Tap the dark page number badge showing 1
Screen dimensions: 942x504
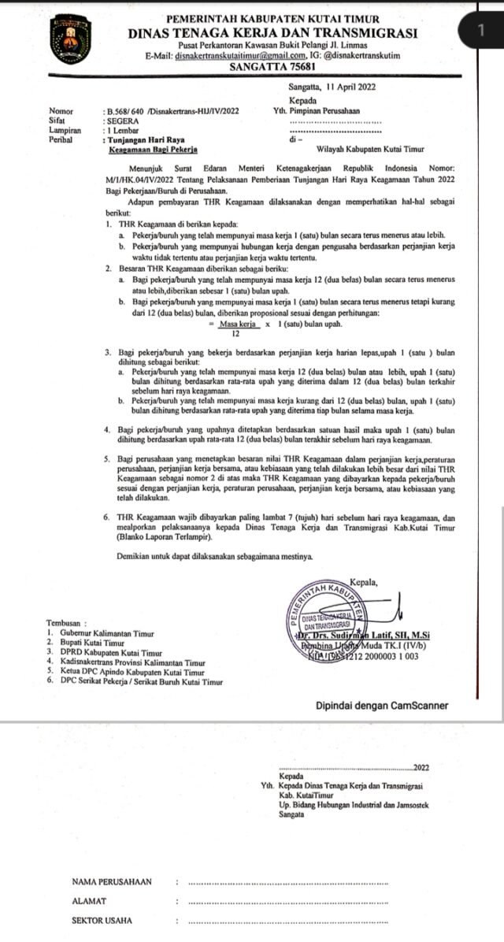480,31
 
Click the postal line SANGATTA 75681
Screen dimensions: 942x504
272,68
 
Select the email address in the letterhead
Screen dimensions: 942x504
241,56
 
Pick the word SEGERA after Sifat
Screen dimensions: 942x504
123,121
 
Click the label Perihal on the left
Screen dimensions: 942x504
61,139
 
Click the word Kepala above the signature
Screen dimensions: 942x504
362,582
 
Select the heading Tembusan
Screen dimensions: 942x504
67,624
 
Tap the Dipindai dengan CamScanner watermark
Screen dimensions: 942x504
381,705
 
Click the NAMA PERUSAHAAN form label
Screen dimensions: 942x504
111,881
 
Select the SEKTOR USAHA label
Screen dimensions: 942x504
102,920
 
